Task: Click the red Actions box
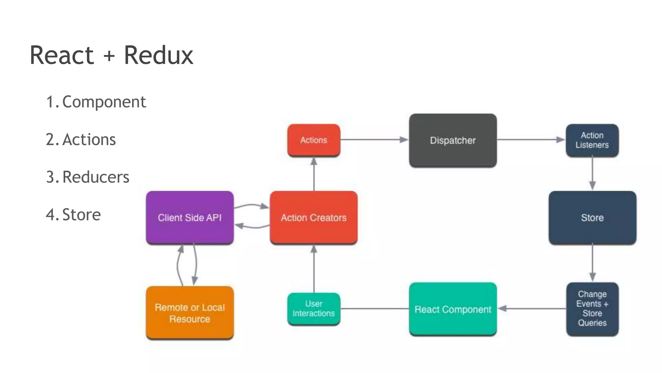[314, 140]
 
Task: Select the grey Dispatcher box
[453, 140]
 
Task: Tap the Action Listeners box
[592, 140]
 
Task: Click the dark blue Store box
[592, 217]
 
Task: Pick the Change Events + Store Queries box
[592, 309]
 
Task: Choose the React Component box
[453, 309]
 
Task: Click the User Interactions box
[314, 309]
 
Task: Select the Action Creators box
[314, 217]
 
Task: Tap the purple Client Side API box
[190, 217]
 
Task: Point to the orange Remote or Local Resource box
[190, 313]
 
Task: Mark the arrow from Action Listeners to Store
[592, 174]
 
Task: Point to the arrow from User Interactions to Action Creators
[314, 269]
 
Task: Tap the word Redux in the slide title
[158, 55]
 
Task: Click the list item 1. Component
[96, 102]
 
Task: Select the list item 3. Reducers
[88, 177]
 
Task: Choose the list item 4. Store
[73, 215]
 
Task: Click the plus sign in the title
[109, 56]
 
